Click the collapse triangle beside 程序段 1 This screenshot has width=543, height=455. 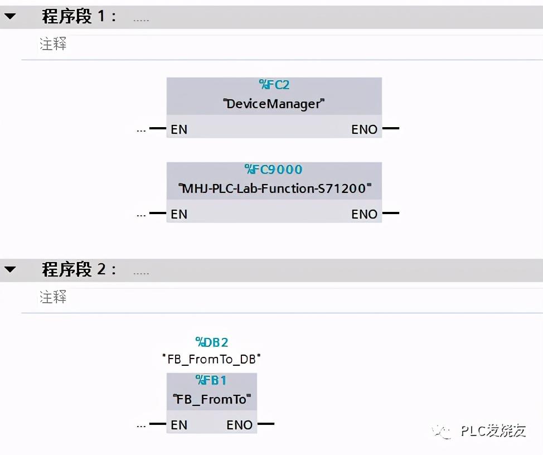click(10, 17)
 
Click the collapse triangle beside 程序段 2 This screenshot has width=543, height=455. click(10, 270)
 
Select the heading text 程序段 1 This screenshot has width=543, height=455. click(79, 17)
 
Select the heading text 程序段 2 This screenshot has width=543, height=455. click(79, 270)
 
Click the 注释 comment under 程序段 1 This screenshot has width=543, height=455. click(53, 45)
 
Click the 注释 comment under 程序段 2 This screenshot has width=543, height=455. click(53, 297)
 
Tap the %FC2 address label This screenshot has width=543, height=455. click(274, 85)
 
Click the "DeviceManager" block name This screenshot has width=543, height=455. click(274, 104)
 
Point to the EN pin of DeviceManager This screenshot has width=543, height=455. click(179, 129)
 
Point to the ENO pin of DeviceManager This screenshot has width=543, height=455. click(364, 129)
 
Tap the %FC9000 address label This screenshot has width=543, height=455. click(274, 170)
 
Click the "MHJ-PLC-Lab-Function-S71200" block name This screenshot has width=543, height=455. click(274, 188)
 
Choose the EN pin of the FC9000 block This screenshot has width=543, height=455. click(179, 214)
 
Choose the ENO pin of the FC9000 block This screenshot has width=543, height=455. click(364, 214)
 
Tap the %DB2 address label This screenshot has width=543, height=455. click(212, 342)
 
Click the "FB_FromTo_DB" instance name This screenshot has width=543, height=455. click(212, 359)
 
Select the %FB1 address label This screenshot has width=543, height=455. click(212, 380)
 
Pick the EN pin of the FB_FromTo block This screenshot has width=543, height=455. click(179, 425)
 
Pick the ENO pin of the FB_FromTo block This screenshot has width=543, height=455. click(240, 425)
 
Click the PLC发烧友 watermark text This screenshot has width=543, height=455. click(493, 430)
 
